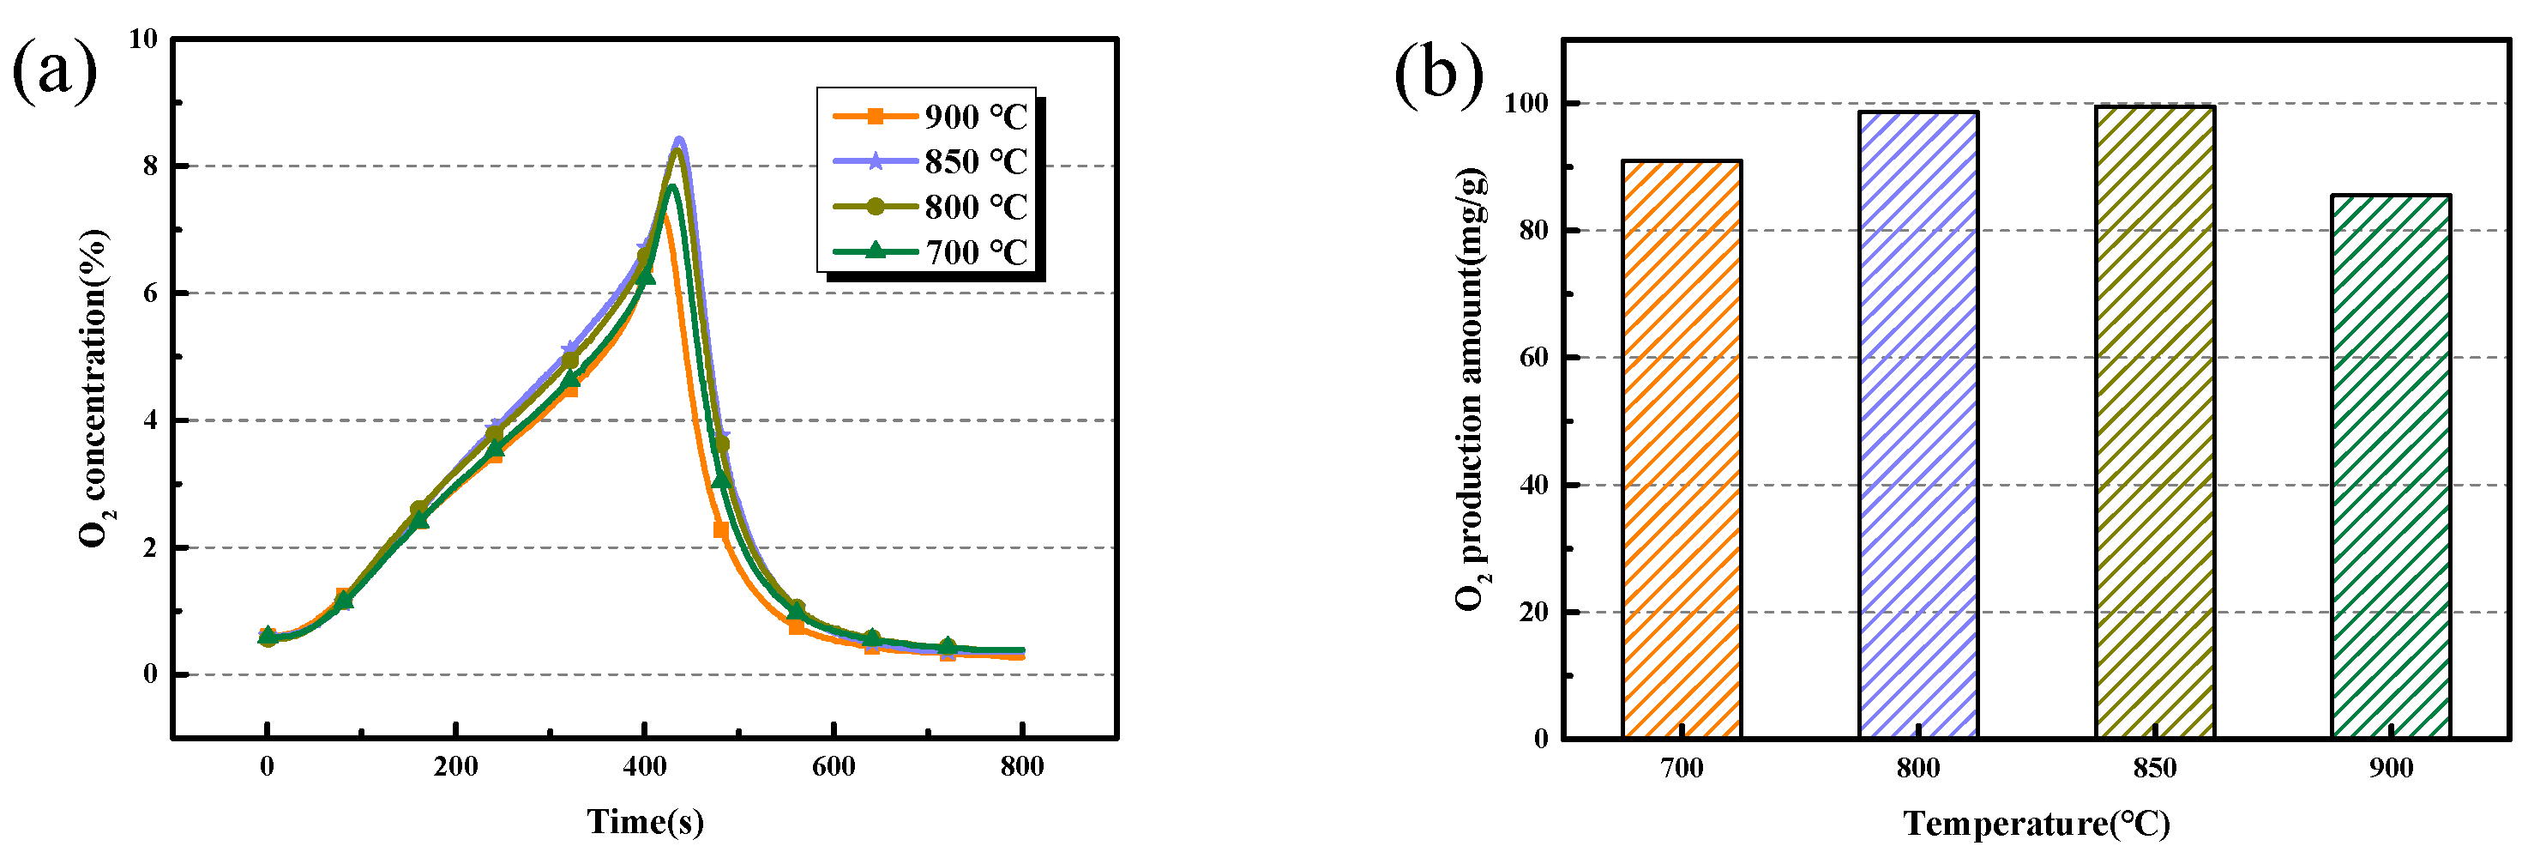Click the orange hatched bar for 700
1681,449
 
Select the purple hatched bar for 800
1917,424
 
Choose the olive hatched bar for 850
2154,422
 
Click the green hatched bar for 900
2390,467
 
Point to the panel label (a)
54,71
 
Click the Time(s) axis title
645,822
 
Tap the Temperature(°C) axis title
2036,824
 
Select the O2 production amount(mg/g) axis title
1472,390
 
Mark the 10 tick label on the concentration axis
143,39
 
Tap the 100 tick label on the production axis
1526,103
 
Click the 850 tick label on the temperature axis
2154,768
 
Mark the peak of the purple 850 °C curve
678,140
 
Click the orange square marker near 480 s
721,530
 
